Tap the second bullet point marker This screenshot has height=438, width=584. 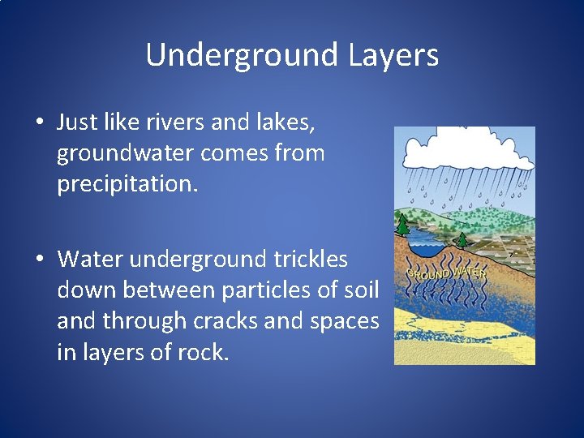pos(39,260)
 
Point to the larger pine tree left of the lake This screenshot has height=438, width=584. pos(403,223)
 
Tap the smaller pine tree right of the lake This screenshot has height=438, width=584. pos(462,239)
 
